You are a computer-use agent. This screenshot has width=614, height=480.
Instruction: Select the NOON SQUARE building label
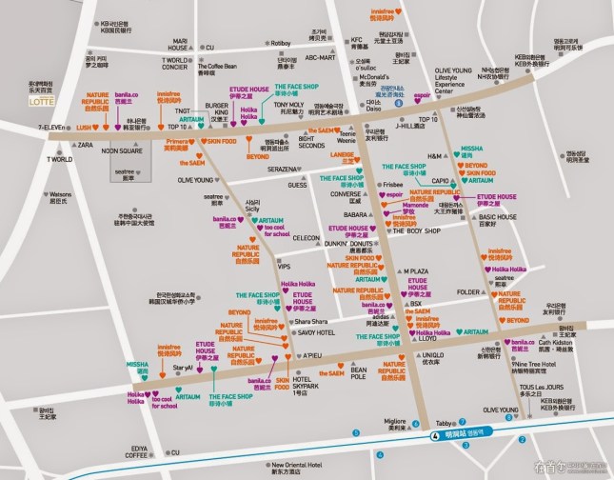(x=122, y=150)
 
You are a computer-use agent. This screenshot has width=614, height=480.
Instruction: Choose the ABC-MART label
(x=320, y=57)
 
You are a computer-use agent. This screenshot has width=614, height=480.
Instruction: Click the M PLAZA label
(x=417, y=271)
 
